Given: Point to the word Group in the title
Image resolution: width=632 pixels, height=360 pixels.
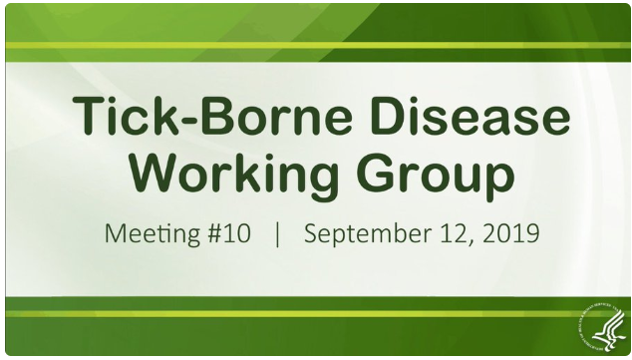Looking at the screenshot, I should point(439,177).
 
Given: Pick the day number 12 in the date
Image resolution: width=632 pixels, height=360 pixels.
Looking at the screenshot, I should point(460,236).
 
